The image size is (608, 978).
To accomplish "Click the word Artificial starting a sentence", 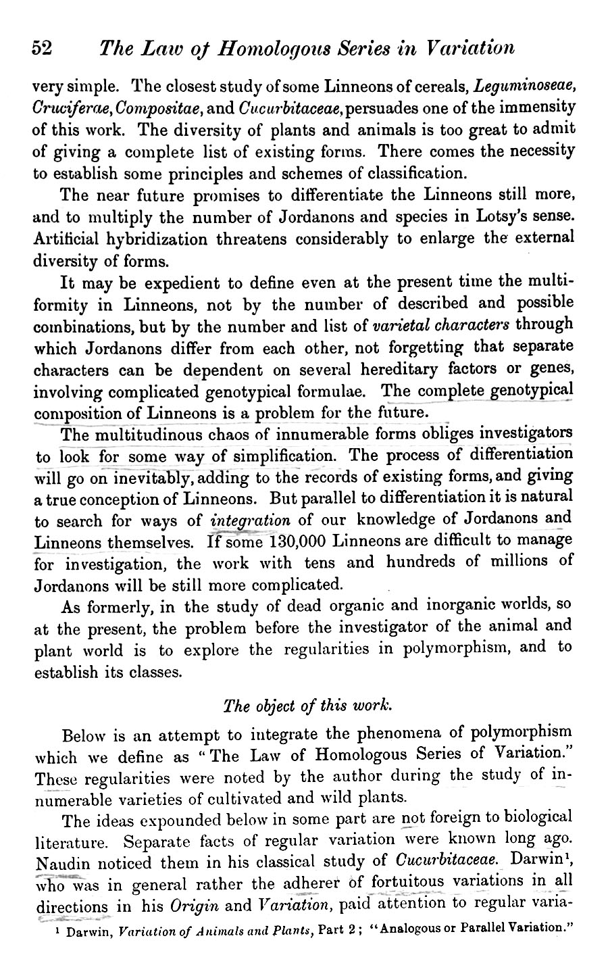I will tap(65, 239).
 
